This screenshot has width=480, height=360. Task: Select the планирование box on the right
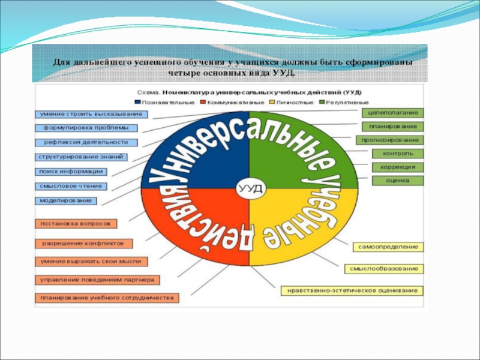click(393, 127)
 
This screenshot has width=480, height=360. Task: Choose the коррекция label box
click(397, 167)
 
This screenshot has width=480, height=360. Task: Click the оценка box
click(397, 180)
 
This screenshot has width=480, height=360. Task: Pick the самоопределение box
click(388, 247)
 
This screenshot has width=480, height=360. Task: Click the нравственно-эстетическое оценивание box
click(352, 291)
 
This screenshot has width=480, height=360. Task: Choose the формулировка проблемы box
click(86, 128)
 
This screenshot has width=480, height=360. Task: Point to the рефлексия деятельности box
click(86, 143)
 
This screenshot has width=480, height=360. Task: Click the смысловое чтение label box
click(70, 186)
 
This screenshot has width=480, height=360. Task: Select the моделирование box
click(66, 200)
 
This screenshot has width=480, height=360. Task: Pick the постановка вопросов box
click(75, 224)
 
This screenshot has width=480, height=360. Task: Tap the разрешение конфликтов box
click(83, 244)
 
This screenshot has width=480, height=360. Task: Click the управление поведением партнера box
click(97, 280)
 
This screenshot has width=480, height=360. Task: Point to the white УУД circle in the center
click(250, 188)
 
